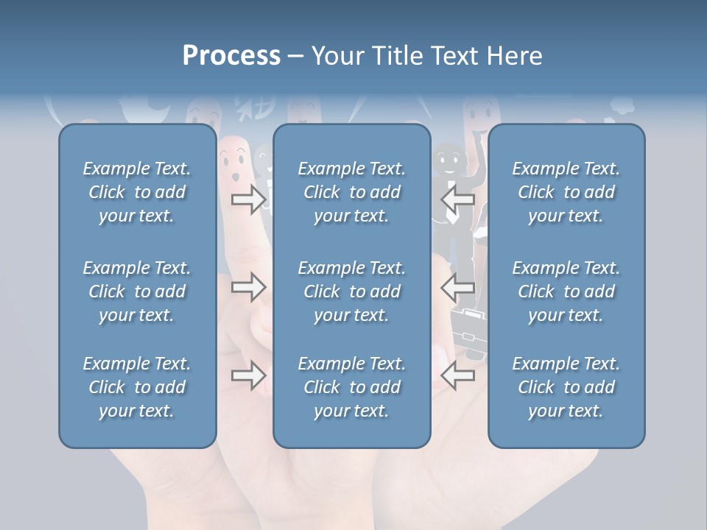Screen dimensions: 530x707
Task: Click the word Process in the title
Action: pyautogui.click(x=231, y=56)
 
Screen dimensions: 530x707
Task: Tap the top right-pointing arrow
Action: pyautogui.click(x=248, y=199)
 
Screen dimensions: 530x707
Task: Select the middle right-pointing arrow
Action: pyautogui.click(x=248, y=287)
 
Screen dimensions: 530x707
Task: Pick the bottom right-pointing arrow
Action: pyautogui.click(x=248, y=376)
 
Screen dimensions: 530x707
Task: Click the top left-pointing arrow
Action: pyautogui.click(x=458, y=199)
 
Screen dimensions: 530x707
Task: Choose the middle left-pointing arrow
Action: pyautogui.click(x=458, y=287)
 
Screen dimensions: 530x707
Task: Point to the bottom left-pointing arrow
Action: pyautogui.click(x=458, y=376)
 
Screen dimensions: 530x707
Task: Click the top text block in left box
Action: pyautogui.click(x=137, y=192)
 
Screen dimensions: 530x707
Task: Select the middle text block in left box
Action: pyautogui.click(x=137, y=291)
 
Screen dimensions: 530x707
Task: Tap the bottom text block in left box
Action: pyautogui.click(x=137, y=387)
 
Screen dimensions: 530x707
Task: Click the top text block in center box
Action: pyautogui.click(x=351, y=192)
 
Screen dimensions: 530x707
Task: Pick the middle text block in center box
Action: pyautogui.click(x=351, y=291)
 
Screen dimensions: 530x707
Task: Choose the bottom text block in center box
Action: pyautogui.click(x=351, y=387)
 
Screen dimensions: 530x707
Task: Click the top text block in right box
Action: pyautogui.click(x=566, y=192)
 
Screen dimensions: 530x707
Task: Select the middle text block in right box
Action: pyautogui.click(x=566, y=291)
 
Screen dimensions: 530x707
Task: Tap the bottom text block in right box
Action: pyautogui.click(x=566, y=387)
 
